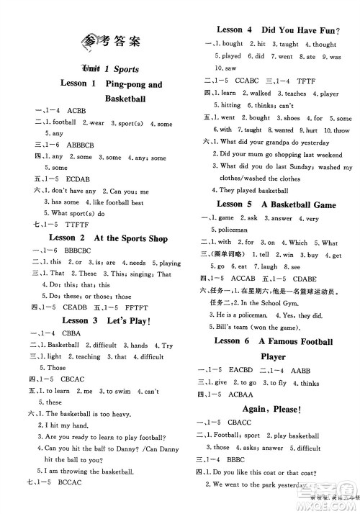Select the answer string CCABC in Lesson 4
click(x=248, y=81)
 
